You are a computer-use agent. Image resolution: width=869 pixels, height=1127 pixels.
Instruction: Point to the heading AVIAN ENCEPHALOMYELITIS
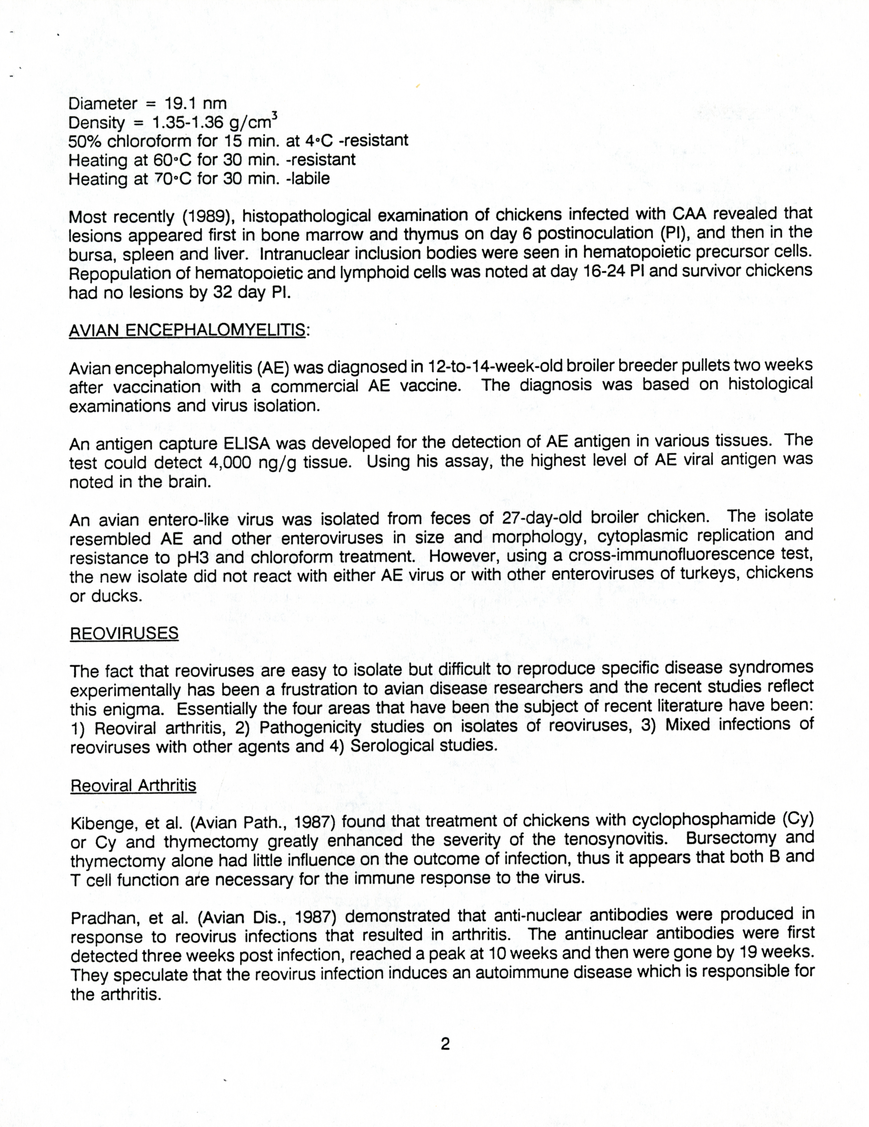187,330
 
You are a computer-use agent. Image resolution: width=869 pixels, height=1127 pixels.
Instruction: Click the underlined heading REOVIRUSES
124,633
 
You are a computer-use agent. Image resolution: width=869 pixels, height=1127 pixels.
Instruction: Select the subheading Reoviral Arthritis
133,785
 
